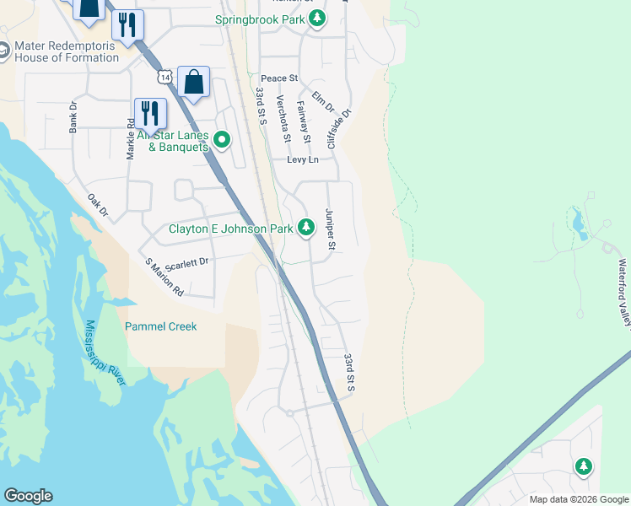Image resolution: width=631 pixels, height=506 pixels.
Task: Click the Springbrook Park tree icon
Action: click(x=316, y=19)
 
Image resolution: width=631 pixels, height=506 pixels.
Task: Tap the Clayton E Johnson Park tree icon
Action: click(x=306, y=228)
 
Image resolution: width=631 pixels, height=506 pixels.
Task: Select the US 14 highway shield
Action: click(x=164, y=77)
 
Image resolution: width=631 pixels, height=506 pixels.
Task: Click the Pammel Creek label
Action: click(x=160, y=326)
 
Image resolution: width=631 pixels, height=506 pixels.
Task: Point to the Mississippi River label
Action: click(x=105, y=353)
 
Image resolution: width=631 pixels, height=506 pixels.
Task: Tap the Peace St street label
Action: click(x=279, y=78)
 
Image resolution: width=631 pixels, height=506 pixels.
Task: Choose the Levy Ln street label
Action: click(x=303, y=159)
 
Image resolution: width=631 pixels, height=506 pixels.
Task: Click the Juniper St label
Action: click(x=331, y=230)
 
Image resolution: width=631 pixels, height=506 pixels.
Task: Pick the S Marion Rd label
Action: click(x=164, y=277)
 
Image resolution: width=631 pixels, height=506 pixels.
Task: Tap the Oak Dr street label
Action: click(x=98, y=205)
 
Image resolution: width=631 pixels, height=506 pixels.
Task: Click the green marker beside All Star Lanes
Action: click(x=222, y=140)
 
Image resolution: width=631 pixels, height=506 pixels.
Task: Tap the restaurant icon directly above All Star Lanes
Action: click(x=150, y=112)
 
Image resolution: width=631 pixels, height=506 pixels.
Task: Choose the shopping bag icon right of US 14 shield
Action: click(x=193, y=82)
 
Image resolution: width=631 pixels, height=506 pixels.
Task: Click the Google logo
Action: click(x=28, y=496)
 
